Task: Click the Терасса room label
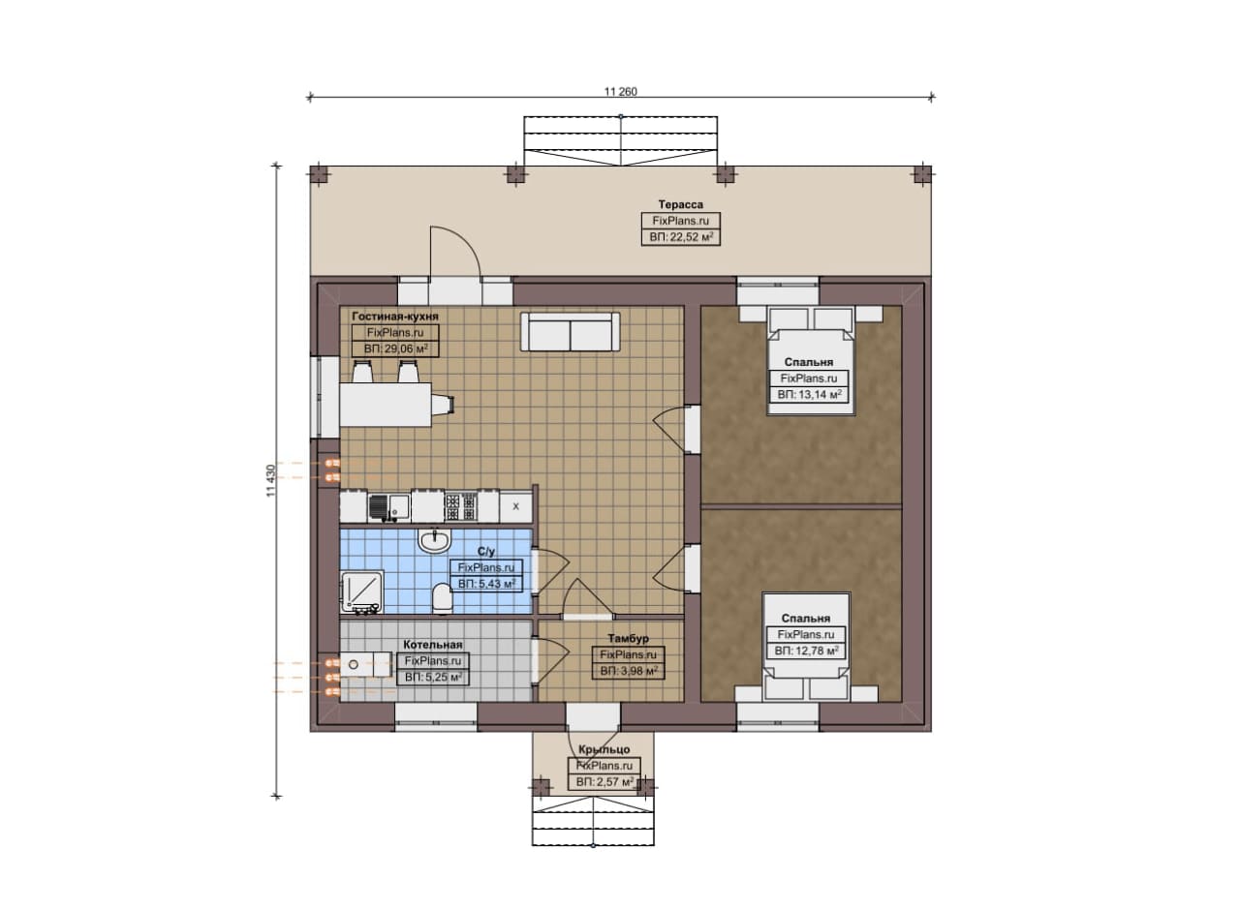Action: point(680,204)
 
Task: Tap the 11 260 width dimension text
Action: point(621,92)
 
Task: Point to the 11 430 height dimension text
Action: point(270,480)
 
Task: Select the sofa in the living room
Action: point(570,331)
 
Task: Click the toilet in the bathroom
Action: point(442,598)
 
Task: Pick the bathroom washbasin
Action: point(435,540)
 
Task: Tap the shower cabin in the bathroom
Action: point(361,591)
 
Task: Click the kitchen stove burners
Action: point(460,507)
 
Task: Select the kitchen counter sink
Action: point(388,506)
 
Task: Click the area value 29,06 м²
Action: point(396,349)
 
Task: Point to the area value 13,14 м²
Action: point(809,394)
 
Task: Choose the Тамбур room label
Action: point(628,639)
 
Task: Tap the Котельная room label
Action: point(432,645)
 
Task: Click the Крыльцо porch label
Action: point(604,749)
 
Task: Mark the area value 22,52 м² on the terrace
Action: point(681,237)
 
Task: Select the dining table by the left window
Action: point(386,405)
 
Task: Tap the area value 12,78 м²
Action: point(806,651)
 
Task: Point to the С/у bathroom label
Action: point(486,552)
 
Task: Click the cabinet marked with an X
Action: point(516,507)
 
